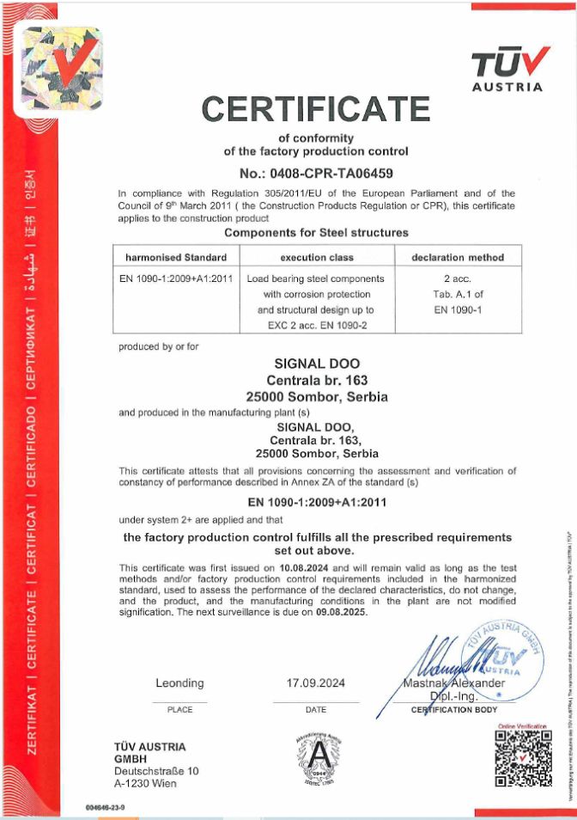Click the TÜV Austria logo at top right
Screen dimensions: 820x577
tap(510, 69)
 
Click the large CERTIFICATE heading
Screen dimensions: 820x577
tap(316, 109)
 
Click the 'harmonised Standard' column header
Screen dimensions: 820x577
tap(176, 257)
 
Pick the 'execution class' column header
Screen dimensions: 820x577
tap(315, 257)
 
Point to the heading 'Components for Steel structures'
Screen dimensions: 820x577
tap(316, 232)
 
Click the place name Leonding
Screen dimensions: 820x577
tap(180, 683)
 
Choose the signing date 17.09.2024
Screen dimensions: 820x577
tap(316, 683)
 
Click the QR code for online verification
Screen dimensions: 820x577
tap(522, 767)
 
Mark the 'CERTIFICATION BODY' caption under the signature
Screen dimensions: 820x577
tap(454, 710)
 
